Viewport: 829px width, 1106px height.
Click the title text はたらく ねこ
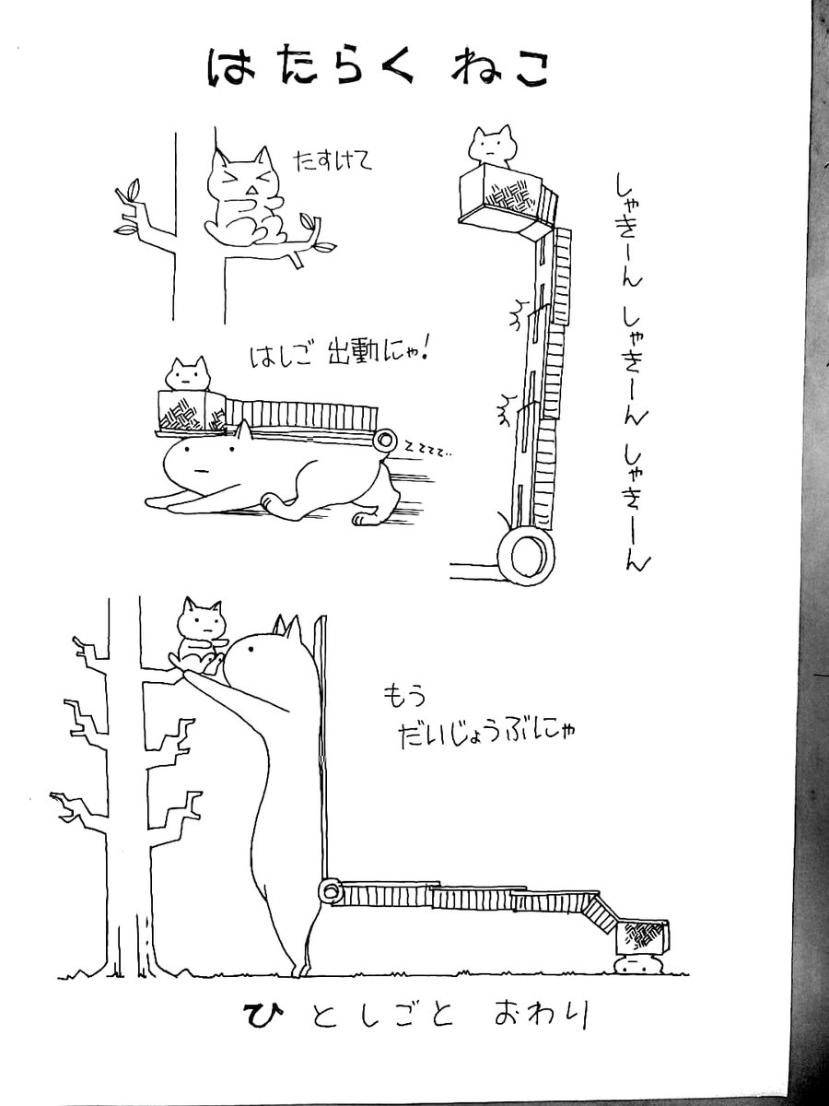(377, 70)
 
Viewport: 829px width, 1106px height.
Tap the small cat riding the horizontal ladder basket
(187, 373)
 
